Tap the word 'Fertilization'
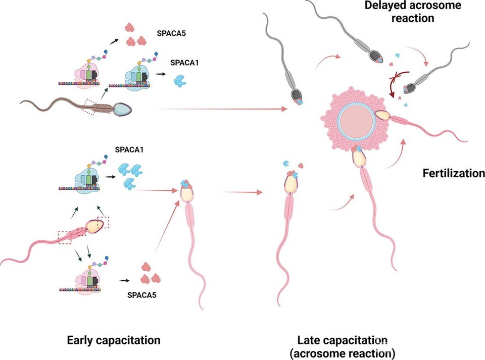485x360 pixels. (453, 174)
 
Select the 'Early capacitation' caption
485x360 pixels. (114, 340)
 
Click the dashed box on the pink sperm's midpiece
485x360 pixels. (69, 236)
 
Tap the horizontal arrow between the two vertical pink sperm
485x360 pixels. (242, 192)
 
